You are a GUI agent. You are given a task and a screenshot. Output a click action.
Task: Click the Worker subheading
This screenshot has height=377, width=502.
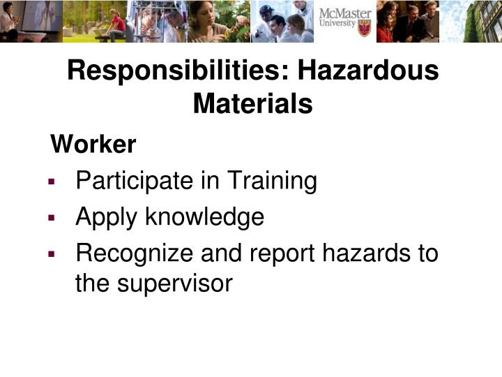(x=93, y=145)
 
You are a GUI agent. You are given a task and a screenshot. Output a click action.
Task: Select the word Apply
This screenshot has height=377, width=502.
(x=107, y=217)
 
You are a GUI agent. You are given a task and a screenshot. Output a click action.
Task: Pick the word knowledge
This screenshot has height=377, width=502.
(x=205, y=217)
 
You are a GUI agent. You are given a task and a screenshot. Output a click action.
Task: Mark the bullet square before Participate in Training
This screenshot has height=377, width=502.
(x=52, y=182)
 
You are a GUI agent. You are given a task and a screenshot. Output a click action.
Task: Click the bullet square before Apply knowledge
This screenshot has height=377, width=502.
(x=52, y=218)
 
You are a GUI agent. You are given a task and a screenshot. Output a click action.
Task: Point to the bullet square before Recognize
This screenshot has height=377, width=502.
(x=52, y=253)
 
